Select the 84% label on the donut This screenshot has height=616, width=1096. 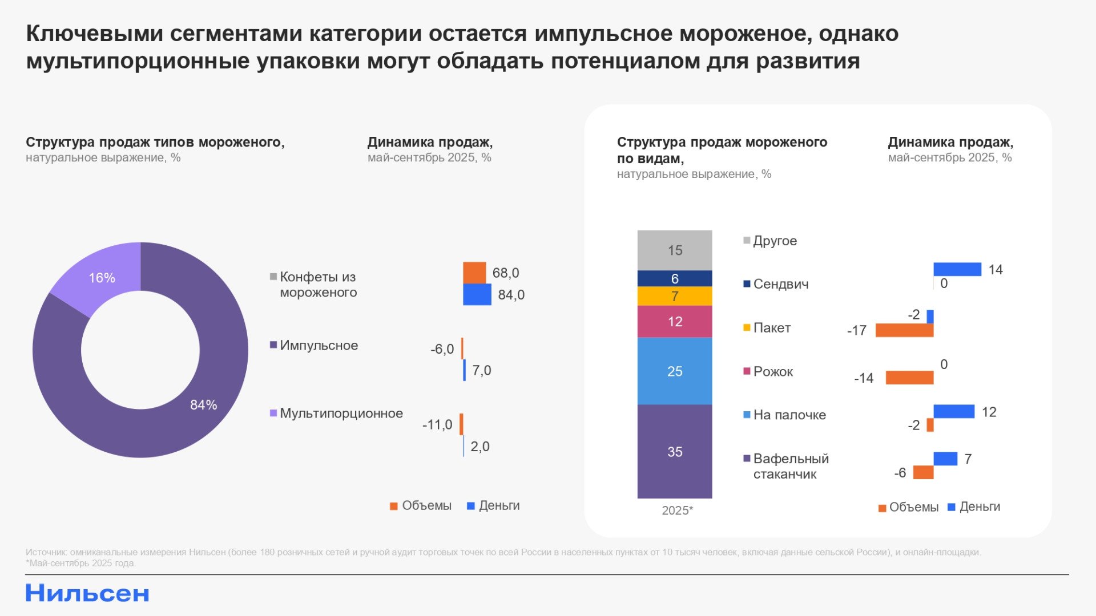tap(203, 405)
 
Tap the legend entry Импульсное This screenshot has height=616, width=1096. tap(319, 346)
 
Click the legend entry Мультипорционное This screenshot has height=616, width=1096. tap(341, 414)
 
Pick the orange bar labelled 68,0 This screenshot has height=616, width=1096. tap(474, 273)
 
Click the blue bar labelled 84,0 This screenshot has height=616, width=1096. tap(477, 295)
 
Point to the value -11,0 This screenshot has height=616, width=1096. tap(437, 425)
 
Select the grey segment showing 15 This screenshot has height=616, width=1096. tap(675, 250)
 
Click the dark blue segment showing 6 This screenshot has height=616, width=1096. tap(675, 278)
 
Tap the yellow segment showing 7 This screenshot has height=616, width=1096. tap(675, 296)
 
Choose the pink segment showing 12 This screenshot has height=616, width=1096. tap(675, 322)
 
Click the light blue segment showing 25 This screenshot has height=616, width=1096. tap(675, 371)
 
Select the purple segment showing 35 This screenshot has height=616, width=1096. tap(675, 452)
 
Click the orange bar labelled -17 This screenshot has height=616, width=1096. tap(904, 330)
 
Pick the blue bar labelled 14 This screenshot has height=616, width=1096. tap(957, 269)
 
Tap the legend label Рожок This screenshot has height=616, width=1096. tap(773, 372)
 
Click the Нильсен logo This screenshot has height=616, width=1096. tap(87, 594)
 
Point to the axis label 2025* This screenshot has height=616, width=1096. tap(677, 510)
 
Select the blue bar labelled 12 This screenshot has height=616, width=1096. tap(954, 411)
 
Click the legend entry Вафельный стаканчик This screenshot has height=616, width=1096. tap(791, 467)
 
